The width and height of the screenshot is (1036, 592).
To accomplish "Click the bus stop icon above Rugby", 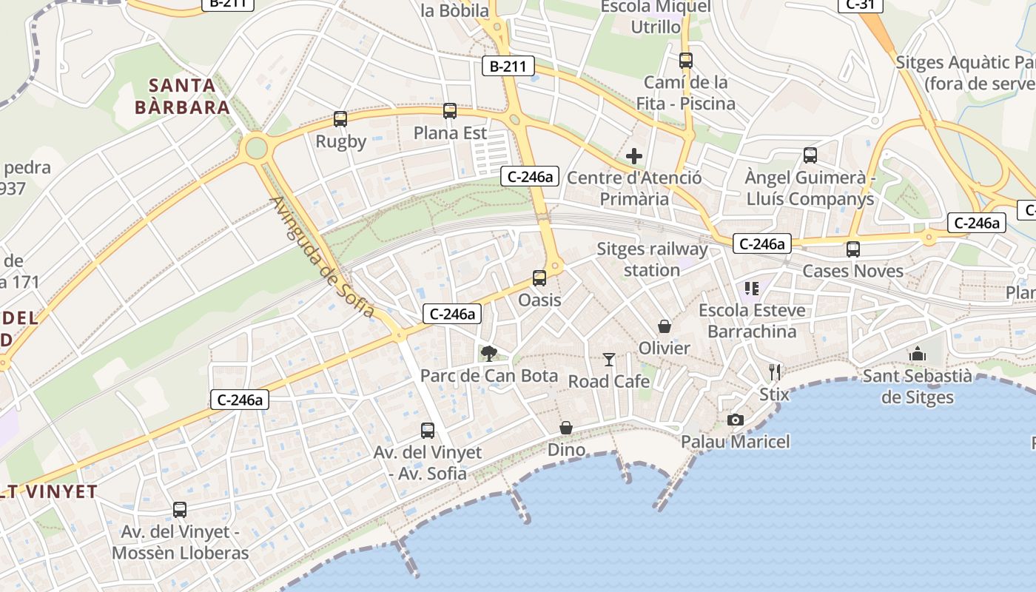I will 340,118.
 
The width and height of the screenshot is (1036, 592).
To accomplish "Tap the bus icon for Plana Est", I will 450,111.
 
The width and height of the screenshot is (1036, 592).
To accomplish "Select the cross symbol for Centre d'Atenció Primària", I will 634,156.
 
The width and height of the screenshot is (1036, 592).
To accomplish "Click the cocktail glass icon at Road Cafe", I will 609,360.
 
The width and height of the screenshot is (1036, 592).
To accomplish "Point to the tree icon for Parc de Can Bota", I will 488,354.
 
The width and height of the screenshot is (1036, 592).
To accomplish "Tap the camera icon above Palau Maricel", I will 735,420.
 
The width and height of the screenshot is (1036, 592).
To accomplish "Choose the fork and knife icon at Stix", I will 775,371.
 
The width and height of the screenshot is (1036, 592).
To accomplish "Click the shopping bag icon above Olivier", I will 665,326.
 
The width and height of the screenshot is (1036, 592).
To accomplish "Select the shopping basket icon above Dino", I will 566,428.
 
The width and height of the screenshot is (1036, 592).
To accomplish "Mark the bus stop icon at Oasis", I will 539,278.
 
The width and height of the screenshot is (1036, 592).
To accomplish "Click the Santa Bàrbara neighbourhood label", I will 182,96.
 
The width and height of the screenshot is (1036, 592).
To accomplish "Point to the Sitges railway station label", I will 652,259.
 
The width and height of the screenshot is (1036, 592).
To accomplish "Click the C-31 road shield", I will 860,4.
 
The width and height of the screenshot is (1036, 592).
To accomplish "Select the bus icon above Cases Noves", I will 853,249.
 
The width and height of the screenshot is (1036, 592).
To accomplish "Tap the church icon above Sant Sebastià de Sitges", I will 918,354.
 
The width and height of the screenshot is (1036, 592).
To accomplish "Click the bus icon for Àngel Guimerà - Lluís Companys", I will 810,155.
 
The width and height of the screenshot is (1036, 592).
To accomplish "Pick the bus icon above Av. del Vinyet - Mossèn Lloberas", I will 180,509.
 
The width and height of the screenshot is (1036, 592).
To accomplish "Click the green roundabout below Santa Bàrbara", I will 256,147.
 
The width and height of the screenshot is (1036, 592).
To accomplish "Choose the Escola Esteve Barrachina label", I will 752,320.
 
